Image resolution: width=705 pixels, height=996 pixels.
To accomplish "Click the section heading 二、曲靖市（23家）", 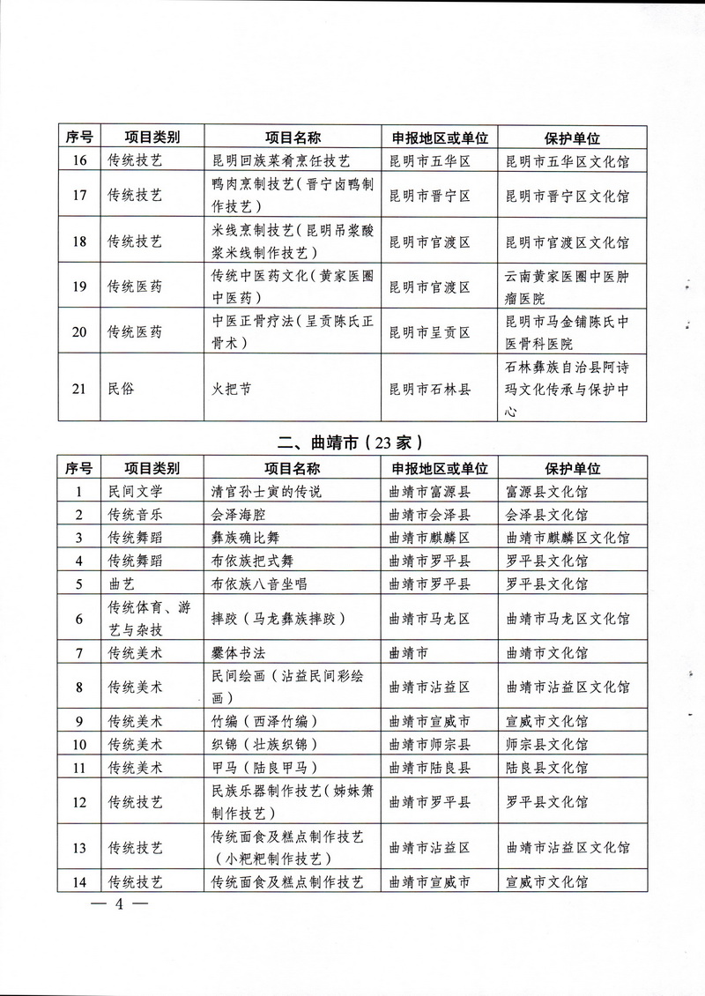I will click(352, 440).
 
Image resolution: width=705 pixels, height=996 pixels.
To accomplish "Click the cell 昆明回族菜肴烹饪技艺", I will click(282, 161).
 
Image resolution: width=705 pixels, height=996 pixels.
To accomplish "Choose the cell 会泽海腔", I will click(241, 514).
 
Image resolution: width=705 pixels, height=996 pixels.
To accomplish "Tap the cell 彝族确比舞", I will click(249, 537).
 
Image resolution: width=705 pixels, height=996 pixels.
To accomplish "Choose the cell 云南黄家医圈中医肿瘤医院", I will click(565, 287).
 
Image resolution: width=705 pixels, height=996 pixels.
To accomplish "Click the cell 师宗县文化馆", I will click(546, 744).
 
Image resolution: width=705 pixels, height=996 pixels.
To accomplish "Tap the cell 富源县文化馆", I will click(546, 491).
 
